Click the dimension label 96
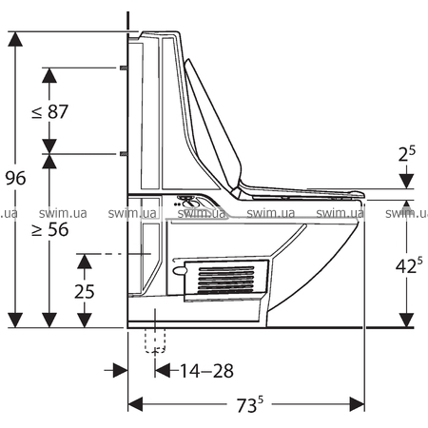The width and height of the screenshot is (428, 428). pyautogui.click(x=15, y=178)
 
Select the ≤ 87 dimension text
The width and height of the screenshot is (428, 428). pyautogui.click(x=50, y=111)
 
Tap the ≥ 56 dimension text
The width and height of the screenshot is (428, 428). pyautogui.click(x=50, y=229)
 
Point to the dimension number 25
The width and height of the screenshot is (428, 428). pyautogui.click(x=85, y=291)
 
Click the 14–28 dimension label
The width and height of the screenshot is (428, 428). pyautogui.click(x=206, y=371)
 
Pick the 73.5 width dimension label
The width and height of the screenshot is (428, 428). pyautogui.click(x=250, y=404)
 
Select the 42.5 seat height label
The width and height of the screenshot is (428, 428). pyautogui.click(x=409, y=265)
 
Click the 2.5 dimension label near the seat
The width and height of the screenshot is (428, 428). pyautogui.click(x=407, y=154)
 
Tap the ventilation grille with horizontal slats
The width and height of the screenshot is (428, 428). pyautogui.click(x=226, y=280)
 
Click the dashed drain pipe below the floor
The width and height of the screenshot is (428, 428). pyautogui.click(x=155, y=340)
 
